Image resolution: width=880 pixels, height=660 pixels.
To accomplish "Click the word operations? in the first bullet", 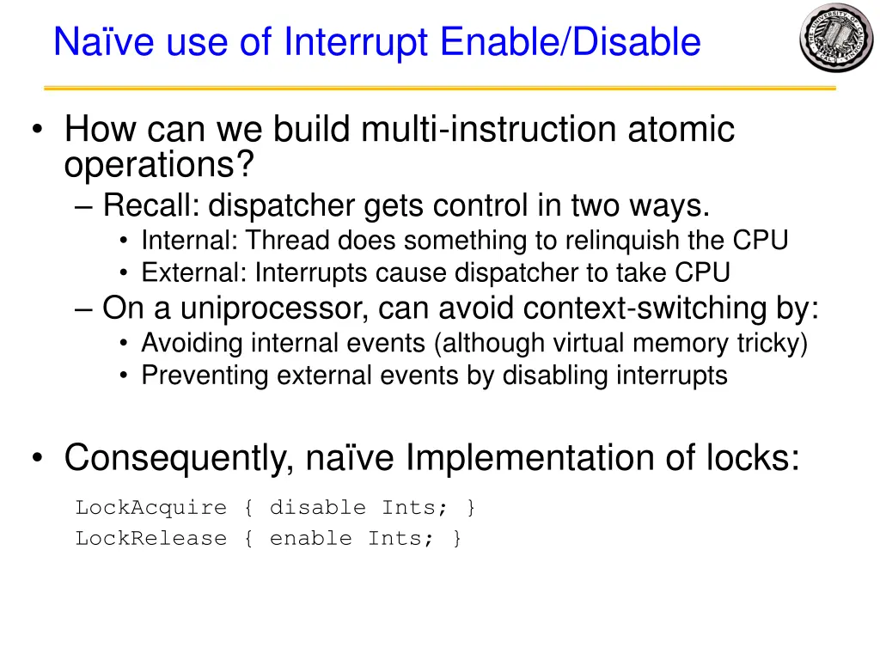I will tap(159, 164).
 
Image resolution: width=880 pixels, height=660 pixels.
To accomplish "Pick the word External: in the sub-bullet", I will tap(194, 273).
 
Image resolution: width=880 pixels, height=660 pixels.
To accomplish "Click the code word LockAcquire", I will tap(150, 507).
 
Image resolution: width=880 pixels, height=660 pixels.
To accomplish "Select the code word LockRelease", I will tap(150, 539).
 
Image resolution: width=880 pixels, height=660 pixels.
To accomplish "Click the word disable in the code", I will tap(317, 507).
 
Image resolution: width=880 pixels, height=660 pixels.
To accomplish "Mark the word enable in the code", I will tap(310, 539).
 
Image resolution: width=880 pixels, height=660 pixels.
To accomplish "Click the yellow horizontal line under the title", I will tap(440, 88).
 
